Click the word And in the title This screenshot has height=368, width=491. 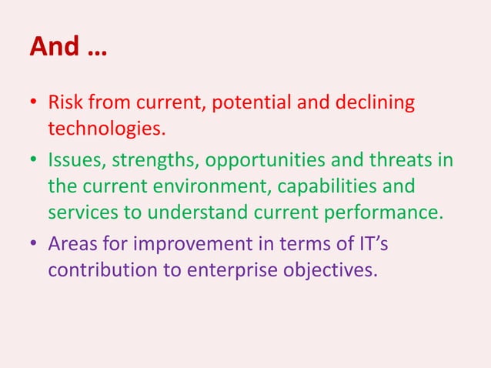pos(54,48)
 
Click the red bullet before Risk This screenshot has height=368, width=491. pos(34,102)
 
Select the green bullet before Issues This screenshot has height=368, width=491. pos(34,162)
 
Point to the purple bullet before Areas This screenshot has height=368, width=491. pos(34,245)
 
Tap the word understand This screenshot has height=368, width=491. pos(206,209)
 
